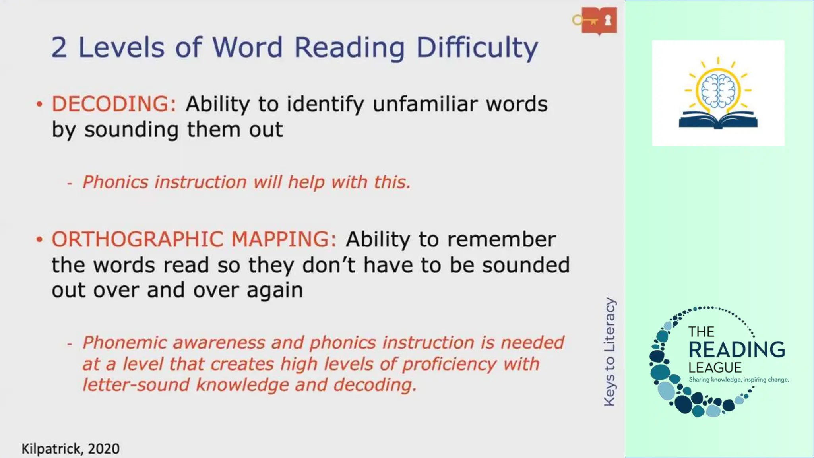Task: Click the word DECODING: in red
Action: point(114,104)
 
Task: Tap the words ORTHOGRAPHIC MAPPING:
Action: point(194,239)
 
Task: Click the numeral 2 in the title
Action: point(59,48)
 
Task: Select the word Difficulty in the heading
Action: point(477,48)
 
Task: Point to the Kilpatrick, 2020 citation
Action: point(70,449)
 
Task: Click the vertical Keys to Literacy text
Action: point(609,352)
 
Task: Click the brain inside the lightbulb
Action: point(718,91)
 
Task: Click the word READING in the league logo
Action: point(736,350)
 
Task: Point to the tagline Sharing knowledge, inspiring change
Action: point(738,380)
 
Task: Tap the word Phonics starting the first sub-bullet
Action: point(115,182)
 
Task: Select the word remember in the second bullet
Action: point(501,239)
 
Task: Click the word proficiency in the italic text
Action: point(449,364)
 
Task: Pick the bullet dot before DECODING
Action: point(39,105)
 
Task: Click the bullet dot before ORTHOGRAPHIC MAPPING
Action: point(39,240)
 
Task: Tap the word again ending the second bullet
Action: point(275,291)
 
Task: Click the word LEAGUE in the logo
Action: point(715,367)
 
